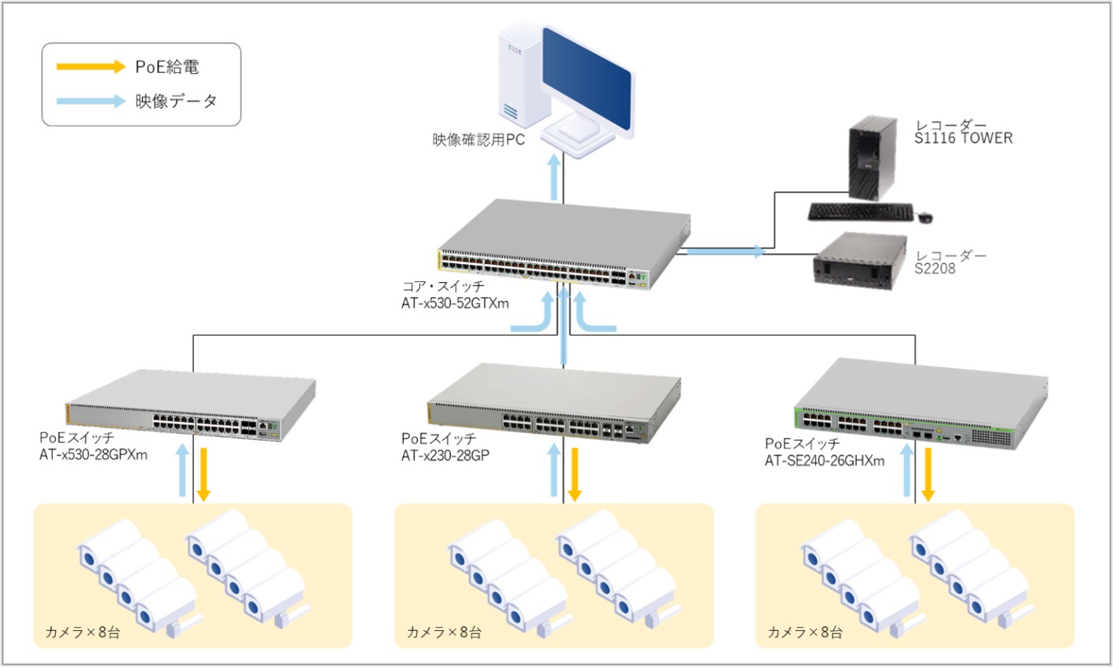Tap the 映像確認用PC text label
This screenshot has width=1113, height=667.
pyautogui.click(x=478, y=141)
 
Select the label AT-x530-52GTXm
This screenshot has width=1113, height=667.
pyautogui.click(x=455, y=303)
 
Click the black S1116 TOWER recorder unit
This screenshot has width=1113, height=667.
pyautogui.click(x=873, y=157)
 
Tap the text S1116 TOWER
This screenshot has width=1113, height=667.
pyautogui.click(x=963, y=138)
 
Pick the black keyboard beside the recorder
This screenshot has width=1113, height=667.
pyautogui.click(x=861, y=211)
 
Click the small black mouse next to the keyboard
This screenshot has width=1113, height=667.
pyautogui.click(x=925, y=215)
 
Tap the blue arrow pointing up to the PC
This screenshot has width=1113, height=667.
pyautogui.click(x=555, y=177)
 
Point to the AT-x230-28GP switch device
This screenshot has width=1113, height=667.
pyautogui.click(x=555, y=405)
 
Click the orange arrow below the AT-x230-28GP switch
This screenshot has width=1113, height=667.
pyautogui.click(x=574, y=474)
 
